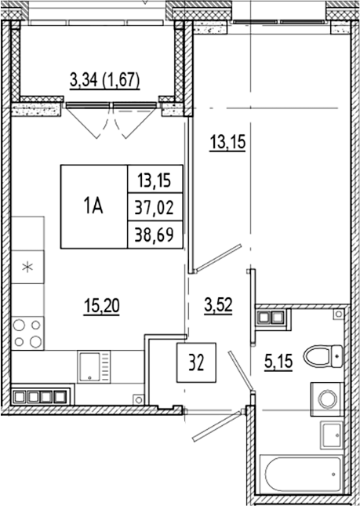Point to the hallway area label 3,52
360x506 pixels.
(x=219, y=302)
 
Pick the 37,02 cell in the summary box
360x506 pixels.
(x=155, y=207)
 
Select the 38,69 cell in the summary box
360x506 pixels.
(x=155, y=234)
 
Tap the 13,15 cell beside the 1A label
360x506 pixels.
(x=155, y=180)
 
